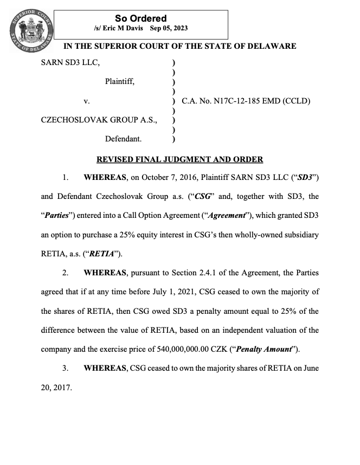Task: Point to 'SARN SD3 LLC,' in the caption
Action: coord(70,62)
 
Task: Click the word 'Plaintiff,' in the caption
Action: coord(120,82)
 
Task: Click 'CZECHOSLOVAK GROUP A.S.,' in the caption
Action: coord(99,120)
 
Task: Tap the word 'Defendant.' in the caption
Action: coord(123,139)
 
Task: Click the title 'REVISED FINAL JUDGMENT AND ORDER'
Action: coord(179,159)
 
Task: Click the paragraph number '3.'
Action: coord(65,368)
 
